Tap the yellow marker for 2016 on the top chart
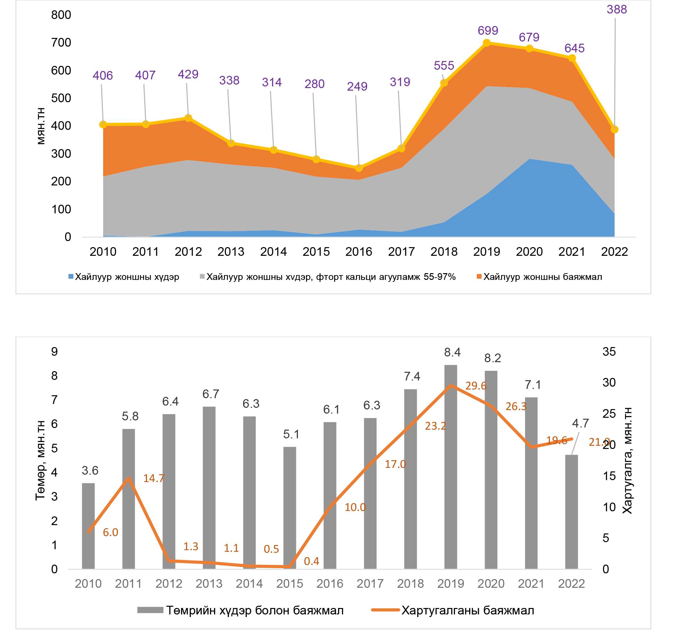click(359, 168)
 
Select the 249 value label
click(357, 86)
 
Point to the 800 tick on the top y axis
click(61, 15)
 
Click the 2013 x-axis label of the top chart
click(230, 252)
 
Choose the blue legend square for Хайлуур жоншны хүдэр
click(71, 277)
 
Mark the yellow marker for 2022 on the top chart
click(614, 130)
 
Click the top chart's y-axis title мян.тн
click(41, 126)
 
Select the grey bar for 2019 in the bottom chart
click(451, 467)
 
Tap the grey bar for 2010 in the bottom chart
click(88, 525)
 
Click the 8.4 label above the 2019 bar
click(452, 352)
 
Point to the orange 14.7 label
click(154, 479)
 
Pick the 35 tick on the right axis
click(609, 352)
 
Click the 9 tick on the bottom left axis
click(54, 352)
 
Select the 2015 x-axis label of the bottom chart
click(290, 584)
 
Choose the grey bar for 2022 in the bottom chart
click(571, 512)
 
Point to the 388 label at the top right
click(617, 9)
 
